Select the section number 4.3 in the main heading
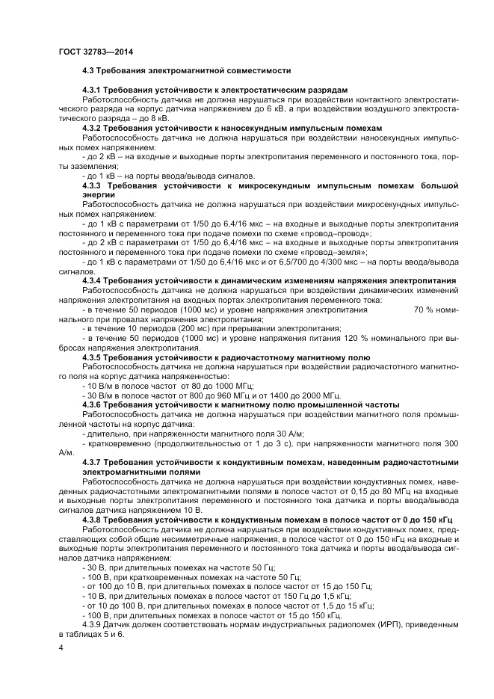point(89,70)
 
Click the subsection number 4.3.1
point(93,90)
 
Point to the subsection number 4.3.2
point(93,128)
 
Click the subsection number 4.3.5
point(93,357)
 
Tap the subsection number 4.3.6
point(93,404)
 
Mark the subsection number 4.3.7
point(93,463)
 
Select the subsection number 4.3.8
point(93,520)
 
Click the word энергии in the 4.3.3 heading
point(99,194)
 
